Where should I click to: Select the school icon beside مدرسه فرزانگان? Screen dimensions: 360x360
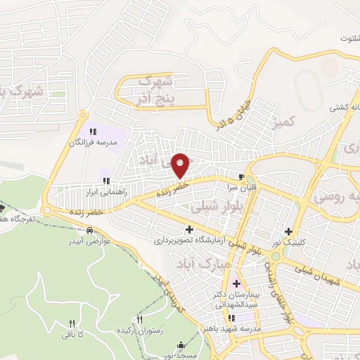click(92, 131)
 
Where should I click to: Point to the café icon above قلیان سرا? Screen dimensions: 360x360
click(242, 176)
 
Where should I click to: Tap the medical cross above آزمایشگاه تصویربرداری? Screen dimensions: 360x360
click(188, 229)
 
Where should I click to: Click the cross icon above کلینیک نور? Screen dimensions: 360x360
click(288, 231)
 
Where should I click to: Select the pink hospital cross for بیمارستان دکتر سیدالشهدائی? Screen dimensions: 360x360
click(236, 283)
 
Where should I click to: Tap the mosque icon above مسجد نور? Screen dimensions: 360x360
click(183, 345)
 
